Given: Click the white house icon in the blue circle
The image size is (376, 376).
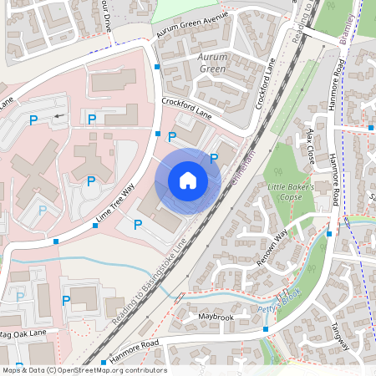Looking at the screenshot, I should click(188, 180).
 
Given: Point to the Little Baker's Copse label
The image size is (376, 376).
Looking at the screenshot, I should click(290, 193).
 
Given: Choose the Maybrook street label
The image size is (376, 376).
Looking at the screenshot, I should click(216, 318).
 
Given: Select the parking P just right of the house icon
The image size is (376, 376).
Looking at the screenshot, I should click(213, 158).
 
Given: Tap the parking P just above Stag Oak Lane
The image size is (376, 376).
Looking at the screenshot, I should click(65, 300).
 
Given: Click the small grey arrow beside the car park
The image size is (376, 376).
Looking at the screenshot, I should click(57, 117).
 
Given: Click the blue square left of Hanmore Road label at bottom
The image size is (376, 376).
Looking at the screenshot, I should click(104, 363).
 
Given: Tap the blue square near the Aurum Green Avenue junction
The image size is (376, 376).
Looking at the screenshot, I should click(157, 66).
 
